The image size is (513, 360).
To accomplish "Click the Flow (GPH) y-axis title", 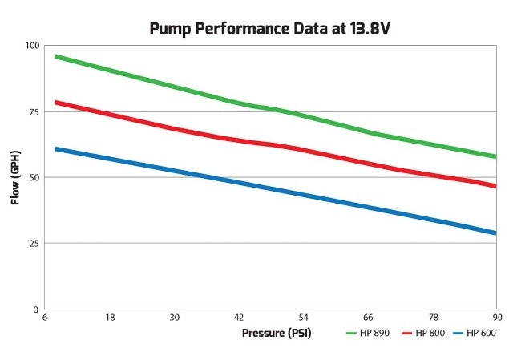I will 15,177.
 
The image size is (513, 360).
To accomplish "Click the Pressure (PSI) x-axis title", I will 277,332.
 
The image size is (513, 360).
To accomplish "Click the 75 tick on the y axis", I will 33,111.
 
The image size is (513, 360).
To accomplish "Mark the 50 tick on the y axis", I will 33,177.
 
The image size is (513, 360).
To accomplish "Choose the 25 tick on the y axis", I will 33,243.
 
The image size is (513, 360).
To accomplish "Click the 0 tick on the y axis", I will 35,309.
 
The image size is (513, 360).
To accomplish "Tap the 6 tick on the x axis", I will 46,318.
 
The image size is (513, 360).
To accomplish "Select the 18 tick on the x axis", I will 111,318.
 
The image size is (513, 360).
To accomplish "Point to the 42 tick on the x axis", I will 239,318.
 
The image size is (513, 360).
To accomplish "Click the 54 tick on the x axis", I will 304,318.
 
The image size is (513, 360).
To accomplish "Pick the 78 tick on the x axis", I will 432,318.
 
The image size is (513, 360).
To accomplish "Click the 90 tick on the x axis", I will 496,318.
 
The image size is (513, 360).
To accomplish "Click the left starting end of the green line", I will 56,57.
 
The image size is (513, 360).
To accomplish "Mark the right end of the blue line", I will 495,233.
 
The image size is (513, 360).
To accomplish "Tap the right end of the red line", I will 495,186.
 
